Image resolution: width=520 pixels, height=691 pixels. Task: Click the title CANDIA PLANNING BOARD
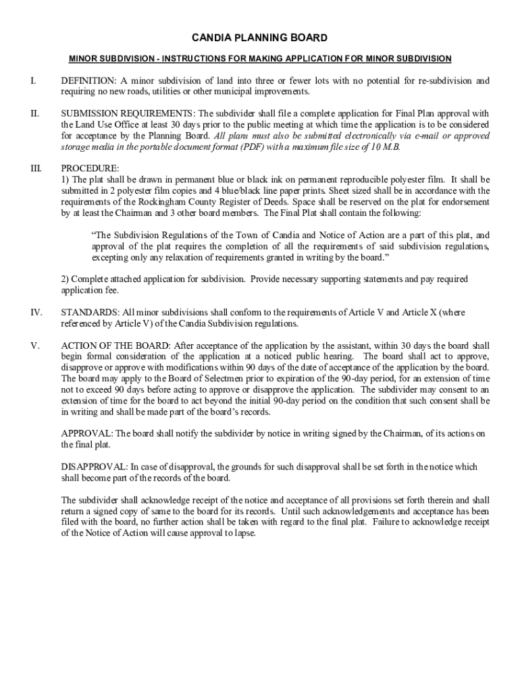coord(260,38)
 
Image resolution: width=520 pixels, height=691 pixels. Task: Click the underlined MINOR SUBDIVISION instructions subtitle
coord(260,59)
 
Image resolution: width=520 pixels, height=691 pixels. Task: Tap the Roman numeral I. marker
coord(32,81)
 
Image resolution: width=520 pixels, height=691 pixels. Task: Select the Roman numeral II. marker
coord(34,113)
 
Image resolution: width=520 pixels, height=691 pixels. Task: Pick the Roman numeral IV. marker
coord(36,312)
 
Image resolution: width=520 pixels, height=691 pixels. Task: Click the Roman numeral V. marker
coord(34,345)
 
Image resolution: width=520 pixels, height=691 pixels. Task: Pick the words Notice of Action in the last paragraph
coord(112,532)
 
